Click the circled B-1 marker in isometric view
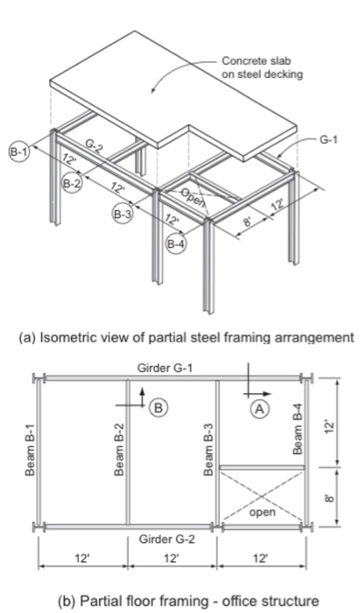pyautogui.click(x=18, y=151)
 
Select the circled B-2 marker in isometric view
pyautogui.click(x=73, y=183)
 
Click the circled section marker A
pyautogui.click(x=259, y=408)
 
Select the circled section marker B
pyautogui.click(x=159, y=406)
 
